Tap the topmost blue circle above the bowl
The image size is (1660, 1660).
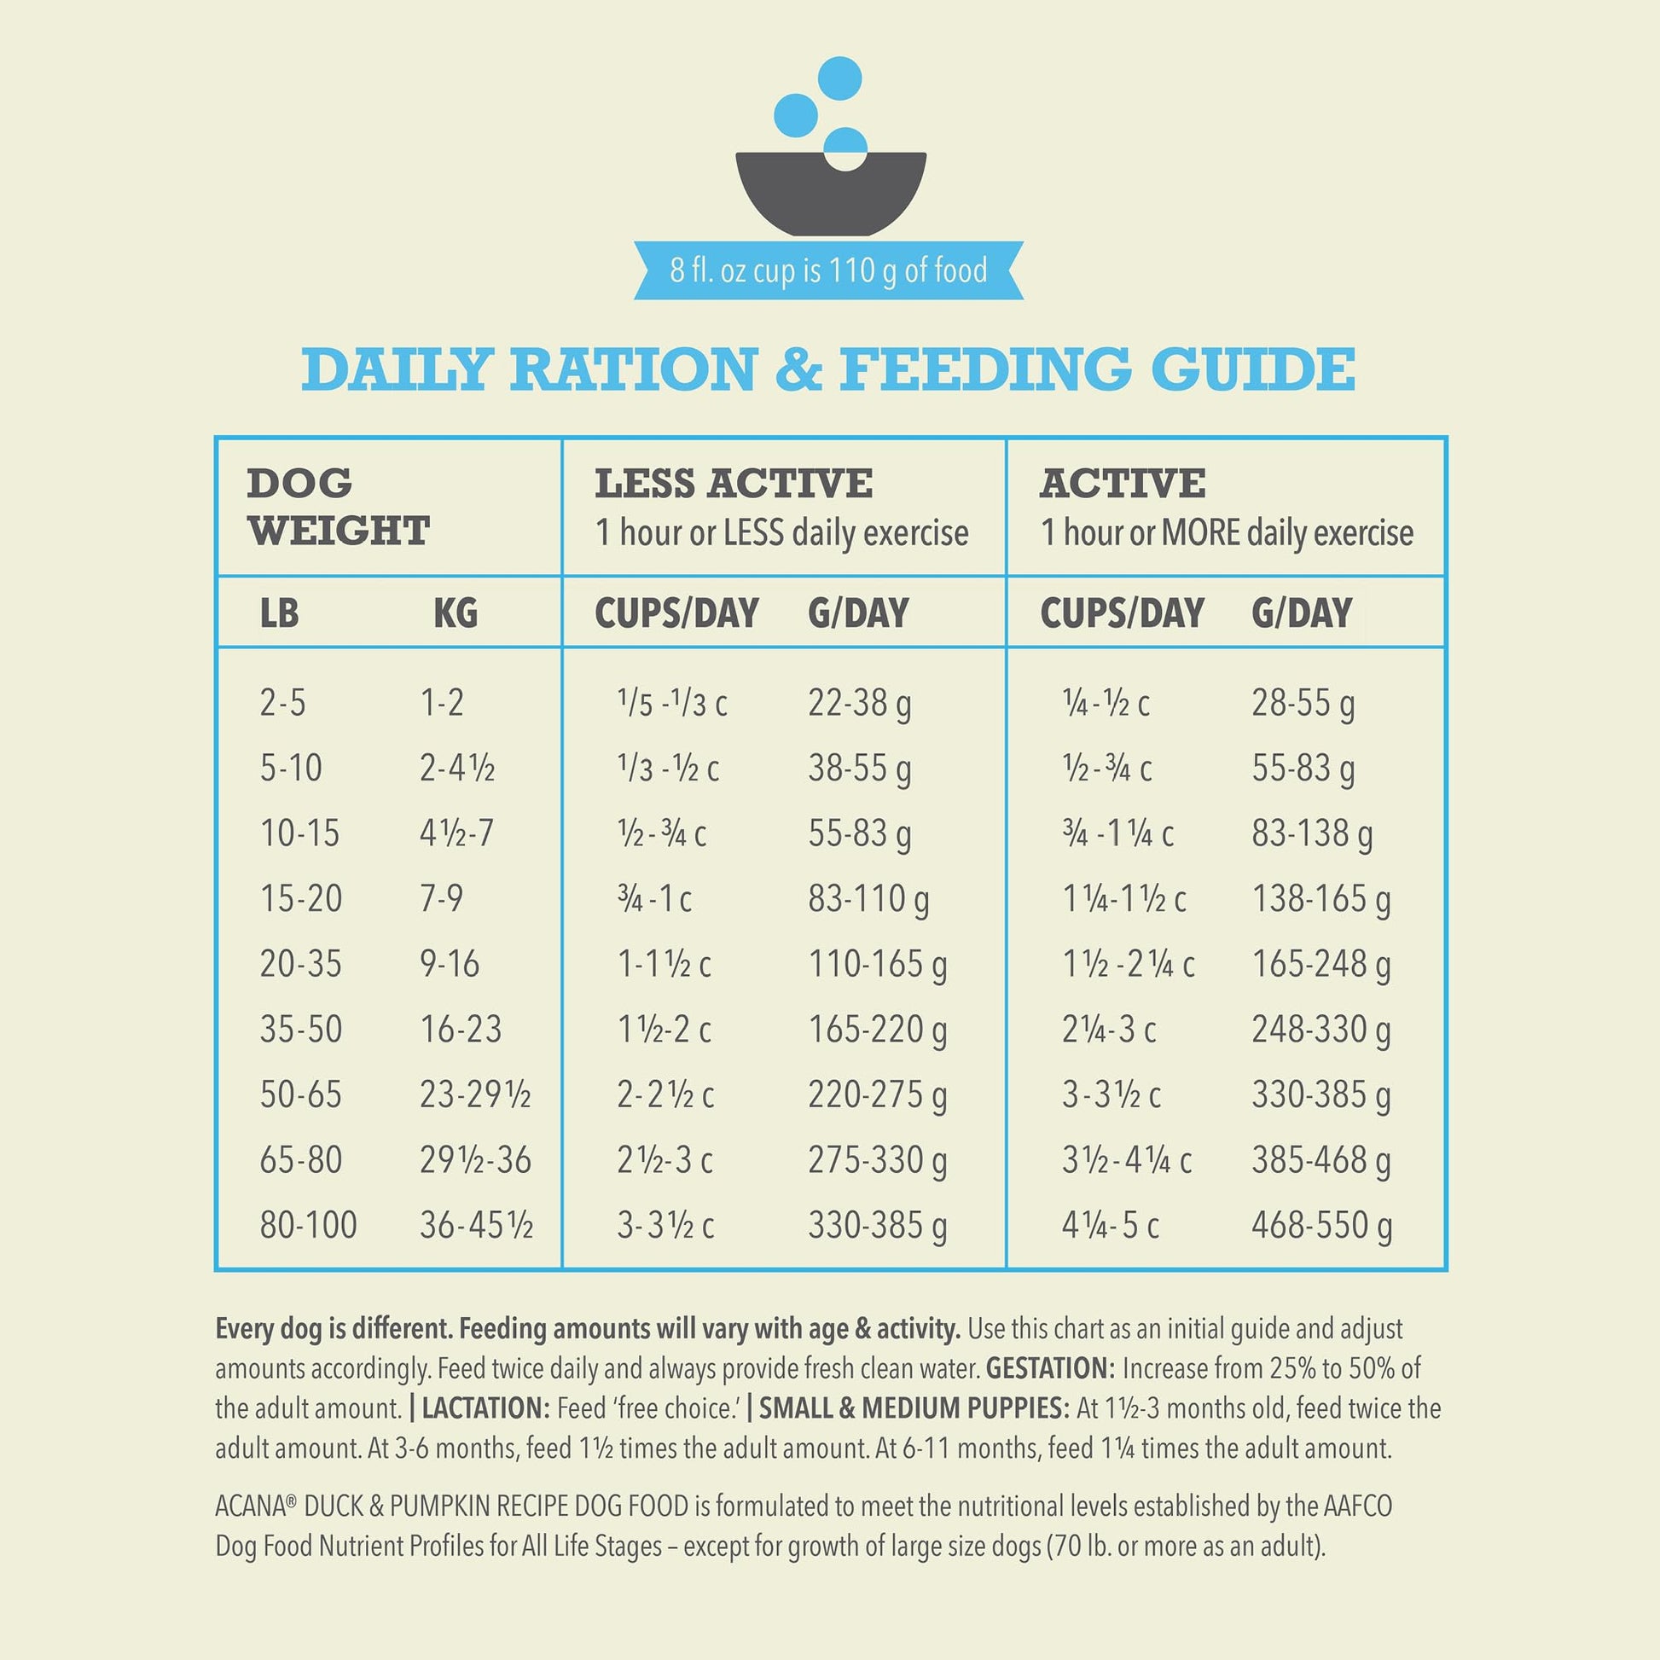(x=839, y=78)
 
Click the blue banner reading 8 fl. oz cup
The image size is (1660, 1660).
(x=828, y=270)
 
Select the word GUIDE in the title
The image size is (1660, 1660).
(x=1253, y=369)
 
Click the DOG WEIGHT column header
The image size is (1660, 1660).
(x=338, y=507)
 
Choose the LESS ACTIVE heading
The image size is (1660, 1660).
(x=733, y=484)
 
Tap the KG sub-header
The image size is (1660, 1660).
(x=455, y=613)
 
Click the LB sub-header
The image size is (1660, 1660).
(x=279, y=613)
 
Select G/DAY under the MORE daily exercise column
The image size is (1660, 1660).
(x=1301, y=613)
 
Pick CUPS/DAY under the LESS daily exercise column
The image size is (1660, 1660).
(x=676, y=613)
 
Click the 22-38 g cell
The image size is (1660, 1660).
(x=858, y=704)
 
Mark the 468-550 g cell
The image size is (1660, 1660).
(x=1320, y=1226)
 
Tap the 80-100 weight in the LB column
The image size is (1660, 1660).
(x=308, y=1225)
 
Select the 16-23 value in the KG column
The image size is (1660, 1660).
(x=460, y=1030)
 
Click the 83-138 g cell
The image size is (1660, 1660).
(x=1311, y=834)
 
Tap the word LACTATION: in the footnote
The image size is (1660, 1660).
(x=485, y=1408)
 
